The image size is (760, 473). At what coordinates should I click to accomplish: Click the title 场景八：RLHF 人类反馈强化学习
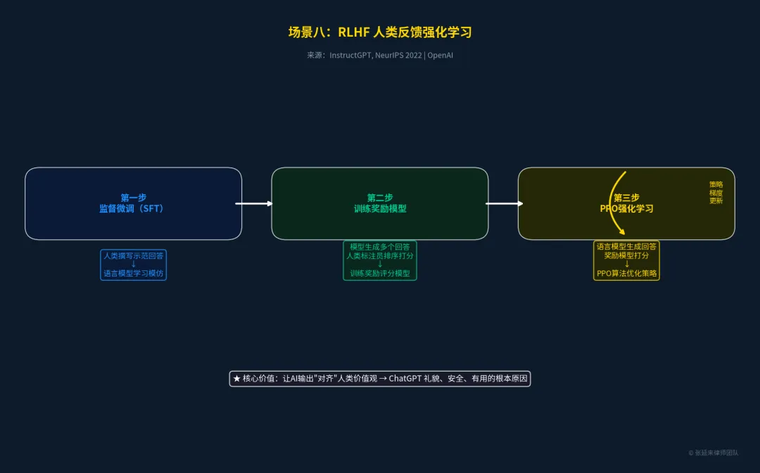tap(380, 32)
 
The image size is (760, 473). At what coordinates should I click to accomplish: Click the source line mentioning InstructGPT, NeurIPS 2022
tap(380, 55)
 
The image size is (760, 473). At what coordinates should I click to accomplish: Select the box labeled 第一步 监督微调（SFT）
tap(133, 203)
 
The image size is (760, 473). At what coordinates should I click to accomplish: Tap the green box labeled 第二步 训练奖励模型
tap(380, 203)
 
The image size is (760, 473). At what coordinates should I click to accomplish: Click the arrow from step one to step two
tap(254, 203)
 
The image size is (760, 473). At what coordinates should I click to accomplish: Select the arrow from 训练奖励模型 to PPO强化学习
tap(504, 203)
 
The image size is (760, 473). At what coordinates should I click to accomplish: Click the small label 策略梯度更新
tap(716, 192)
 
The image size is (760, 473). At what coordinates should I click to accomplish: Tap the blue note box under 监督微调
tap(134, 265)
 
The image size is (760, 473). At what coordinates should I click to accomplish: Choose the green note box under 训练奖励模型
tap(380, 260)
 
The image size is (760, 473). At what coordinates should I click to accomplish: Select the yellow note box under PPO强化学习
tap(626, 260)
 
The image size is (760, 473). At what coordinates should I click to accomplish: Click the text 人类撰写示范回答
tap(134, 256)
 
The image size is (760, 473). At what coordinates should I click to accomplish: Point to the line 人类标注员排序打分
tap(380, 256)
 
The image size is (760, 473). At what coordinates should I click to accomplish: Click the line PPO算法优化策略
tap(626, 273)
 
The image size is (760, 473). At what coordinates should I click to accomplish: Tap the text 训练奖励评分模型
tap(380, 273)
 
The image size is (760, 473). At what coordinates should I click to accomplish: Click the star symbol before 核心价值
tap(237, 379)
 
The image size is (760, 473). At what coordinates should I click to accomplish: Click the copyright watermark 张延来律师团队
tap(714, 453)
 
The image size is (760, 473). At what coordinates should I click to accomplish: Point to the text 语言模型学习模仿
tap(134, 273)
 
